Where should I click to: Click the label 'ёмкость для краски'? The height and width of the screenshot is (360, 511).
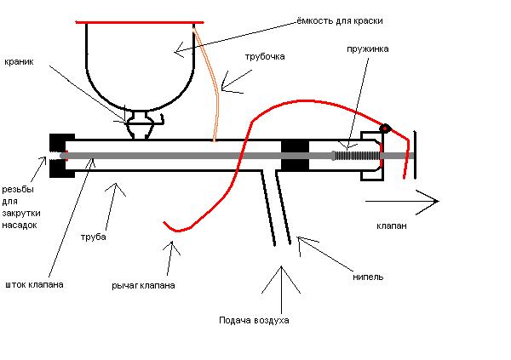pos(340,21)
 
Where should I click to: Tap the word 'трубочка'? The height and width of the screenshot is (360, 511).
pos(265,57)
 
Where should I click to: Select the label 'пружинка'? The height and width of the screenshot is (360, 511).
pos(367,49)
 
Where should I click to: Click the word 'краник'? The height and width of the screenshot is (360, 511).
pos(19,61)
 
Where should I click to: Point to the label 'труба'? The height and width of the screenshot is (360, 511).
pos(94,237)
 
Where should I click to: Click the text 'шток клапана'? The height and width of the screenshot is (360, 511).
pos(34,284)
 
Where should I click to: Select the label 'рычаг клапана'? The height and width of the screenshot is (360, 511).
pos(143,286)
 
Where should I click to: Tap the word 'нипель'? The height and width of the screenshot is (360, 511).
pos(368,277)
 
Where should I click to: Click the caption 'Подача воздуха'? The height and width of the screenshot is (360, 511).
pos(254,321)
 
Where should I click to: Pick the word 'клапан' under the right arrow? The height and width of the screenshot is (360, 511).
pos(392,226)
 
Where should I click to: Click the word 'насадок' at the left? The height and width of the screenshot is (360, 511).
pos(20,225)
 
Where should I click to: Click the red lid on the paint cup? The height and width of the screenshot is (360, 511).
pos(140,22)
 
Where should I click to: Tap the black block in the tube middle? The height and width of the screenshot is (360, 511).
pos(295,156)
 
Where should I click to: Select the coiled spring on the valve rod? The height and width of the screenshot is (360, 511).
pos(358,156)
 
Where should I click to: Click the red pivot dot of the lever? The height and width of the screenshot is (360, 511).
pos(385,129)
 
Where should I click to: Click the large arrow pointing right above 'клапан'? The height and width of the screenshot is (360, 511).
pos(402,202)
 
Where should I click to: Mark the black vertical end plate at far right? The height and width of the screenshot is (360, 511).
pos(415,155)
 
